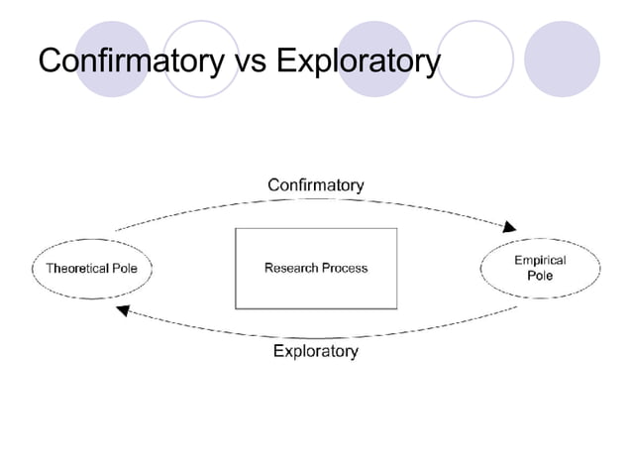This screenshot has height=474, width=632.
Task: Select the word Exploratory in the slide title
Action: pyautogui.click(x=357, y=62)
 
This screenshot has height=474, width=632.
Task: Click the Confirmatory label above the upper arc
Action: pyautogui.click(x=316, y=185)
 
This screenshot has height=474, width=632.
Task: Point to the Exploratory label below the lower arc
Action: pyautogui.click(x=316, y=351)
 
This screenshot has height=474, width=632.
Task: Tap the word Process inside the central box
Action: pyautogui.click(x=345, y=268)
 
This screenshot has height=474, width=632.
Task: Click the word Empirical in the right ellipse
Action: pyautogui.click(x=540, y=260)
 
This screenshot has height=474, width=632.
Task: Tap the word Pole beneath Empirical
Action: pyautogui.click(x=540, y=276)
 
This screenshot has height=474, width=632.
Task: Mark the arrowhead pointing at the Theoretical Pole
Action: pyautogui.click(x=123, y=311)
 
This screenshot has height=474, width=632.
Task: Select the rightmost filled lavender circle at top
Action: pyautogui.click(x=562, y=59)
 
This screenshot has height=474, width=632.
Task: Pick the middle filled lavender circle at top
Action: pyautogui.click(x=375, y=59)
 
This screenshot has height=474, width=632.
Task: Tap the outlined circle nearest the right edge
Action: pyautogui.click(x=475, y=59)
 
